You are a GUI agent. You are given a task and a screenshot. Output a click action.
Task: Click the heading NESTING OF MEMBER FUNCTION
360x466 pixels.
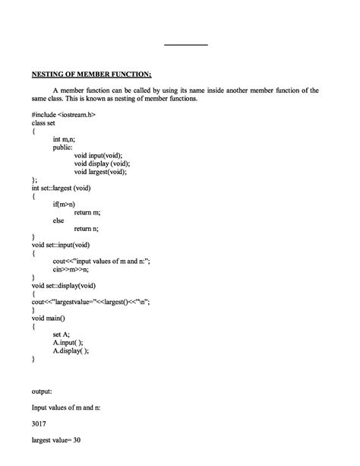pos(91,74)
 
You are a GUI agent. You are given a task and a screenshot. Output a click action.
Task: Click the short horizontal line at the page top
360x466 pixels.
pos(185,45)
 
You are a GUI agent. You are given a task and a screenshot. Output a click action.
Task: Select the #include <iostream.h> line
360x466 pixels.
pos(64,113)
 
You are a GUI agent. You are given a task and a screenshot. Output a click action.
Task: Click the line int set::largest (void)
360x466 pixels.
pos(66,188)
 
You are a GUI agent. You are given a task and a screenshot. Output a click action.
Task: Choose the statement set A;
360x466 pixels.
pos(62,334)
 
